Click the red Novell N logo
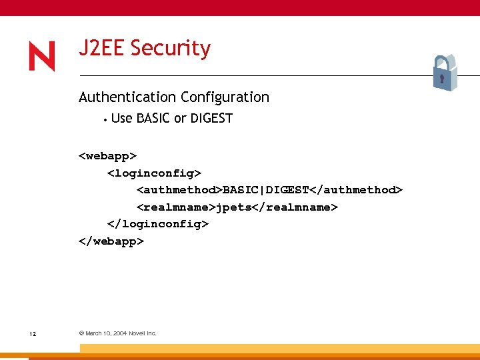pyautogui.click(x=42, y=57)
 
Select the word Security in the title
pyautogui.click(x=171, y=49)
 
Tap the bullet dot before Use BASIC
pyautogui.click(x=105, y=119)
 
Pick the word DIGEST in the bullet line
pyautogui.click(x=211, y=119)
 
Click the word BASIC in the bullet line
pyautogui.click(x=153, y=119)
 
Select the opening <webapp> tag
pyautogui.click(x=108, y=155)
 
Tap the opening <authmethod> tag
pyautogui.click(x=179, y=190)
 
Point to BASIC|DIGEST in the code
pyautogui.click(x=266, y=190)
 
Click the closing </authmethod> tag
pyautogui.click(x=356, y=190)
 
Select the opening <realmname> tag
pyautogui.click(x=176, y=207)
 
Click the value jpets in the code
pyautogui.click(x=233, y=207)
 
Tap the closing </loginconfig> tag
pyautogui.click(x=158, y=224)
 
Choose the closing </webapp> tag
pyautogui.click(x=111, y=241)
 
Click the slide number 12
pyautogui.click(x=33, y=333)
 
